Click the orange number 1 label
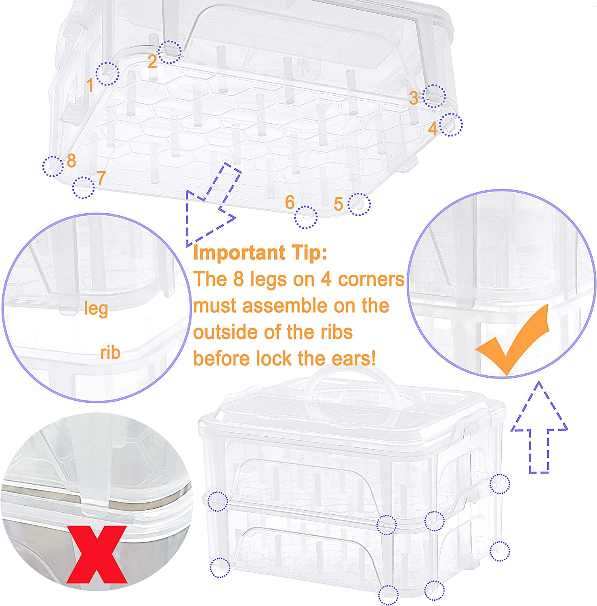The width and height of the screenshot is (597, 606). pos(90,85)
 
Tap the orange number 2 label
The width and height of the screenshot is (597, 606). pos(152,62)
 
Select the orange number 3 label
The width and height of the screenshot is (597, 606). pos(413,98)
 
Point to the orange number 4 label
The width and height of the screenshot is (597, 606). pos(433,129)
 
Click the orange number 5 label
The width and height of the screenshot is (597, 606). pos(338,204)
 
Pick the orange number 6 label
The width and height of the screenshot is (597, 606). pos(290,202)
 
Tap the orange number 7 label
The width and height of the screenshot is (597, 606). pos(101,178)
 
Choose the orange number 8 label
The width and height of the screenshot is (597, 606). pos(71,161)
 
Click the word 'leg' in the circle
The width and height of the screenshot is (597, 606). pos(96,309)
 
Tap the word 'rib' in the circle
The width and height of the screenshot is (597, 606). pos(110,353)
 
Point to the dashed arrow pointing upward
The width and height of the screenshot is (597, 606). pos(539,428)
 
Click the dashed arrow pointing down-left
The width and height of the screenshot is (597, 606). pos(210,206)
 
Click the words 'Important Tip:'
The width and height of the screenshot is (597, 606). pos(260,253)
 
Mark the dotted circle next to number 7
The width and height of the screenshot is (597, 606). pos(84,188)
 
